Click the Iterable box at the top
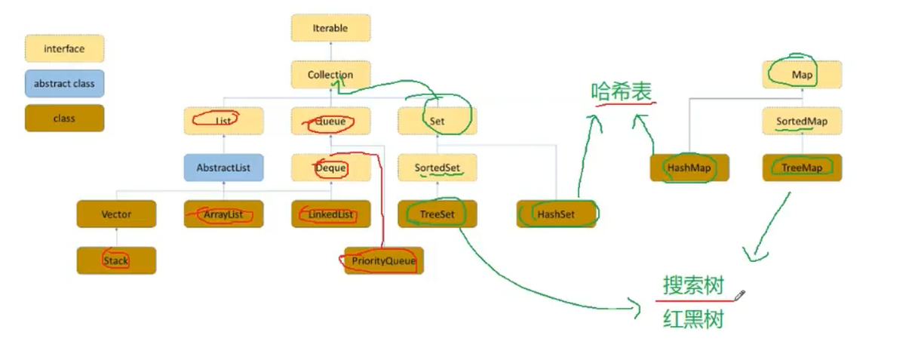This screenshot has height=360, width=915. coord(330,28)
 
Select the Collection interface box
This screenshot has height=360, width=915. coord(330,75)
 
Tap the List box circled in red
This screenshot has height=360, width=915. coord(223,121)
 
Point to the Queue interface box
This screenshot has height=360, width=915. coord(330,121)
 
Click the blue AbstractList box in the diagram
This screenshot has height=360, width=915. coord(223,168)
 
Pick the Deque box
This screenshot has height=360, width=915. coord(330,168)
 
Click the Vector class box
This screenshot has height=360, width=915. coord(116,214)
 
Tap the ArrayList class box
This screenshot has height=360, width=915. coord(223,214)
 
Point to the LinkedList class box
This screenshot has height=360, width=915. coord(330,214)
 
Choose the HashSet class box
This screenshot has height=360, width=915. coord(556,214)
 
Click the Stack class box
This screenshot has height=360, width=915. coord(116,260)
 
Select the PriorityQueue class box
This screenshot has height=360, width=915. coord(384,261)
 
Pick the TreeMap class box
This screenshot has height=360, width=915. coord(802,168)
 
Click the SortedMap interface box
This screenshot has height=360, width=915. coord(802,121)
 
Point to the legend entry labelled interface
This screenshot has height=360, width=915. coord(64,49)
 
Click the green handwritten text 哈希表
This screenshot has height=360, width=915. coord(622,92)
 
